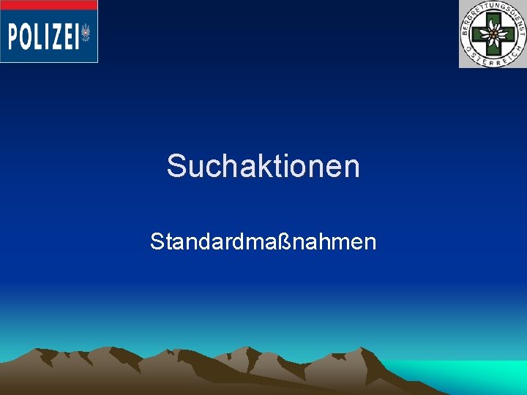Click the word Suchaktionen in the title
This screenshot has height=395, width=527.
click(263, 166)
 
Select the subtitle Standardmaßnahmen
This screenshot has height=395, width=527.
click(263, 241)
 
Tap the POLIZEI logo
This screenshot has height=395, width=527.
click(48, 32)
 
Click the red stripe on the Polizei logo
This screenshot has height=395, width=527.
click(48, 5)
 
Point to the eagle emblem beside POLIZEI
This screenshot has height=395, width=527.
click(86, 34)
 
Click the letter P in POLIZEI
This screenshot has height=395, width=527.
click(14, 36)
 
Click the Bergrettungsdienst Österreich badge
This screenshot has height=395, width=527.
click(493, 34)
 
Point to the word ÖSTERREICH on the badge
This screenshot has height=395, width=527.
click(493, 60)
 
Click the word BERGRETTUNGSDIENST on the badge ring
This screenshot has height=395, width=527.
click(493, 8)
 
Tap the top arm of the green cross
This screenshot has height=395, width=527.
click(493, 19)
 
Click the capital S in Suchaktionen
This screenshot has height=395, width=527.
click(176, 166)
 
